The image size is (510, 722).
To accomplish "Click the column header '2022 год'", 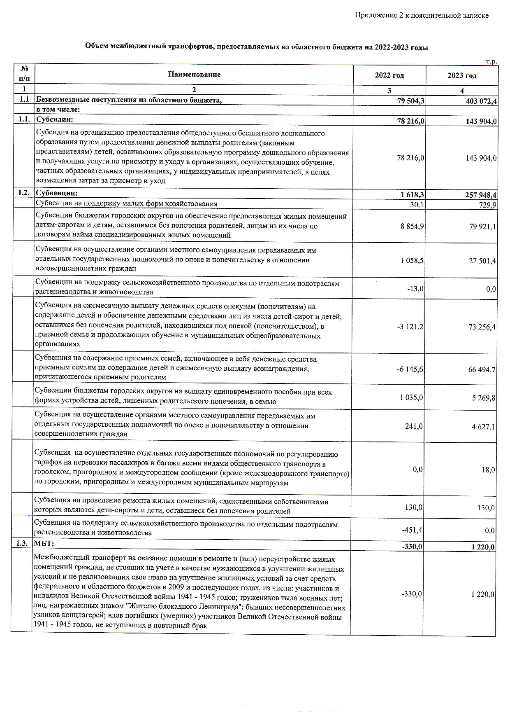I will [389, 75].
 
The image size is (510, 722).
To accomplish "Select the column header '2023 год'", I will [462, 75].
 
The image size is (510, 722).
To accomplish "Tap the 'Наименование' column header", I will [194, 75].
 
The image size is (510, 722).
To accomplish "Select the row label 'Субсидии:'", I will [55, 120].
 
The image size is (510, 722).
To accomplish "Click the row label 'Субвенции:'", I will [57, 193].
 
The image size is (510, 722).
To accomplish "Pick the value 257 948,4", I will [480, 195].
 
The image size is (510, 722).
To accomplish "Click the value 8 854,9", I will [413, 226].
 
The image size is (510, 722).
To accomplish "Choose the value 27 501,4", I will [482, 261].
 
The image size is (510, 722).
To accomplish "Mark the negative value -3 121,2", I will [410, 327].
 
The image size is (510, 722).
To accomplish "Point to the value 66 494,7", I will [482, 369].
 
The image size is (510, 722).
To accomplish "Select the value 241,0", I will [414, 427].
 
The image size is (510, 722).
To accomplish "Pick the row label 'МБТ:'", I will [44, 544].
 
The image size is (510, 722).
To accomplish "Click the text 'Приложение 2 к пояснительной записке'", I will [422, 15].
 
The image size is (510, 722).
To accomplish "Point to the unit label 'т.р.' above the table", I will [491, 62].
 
